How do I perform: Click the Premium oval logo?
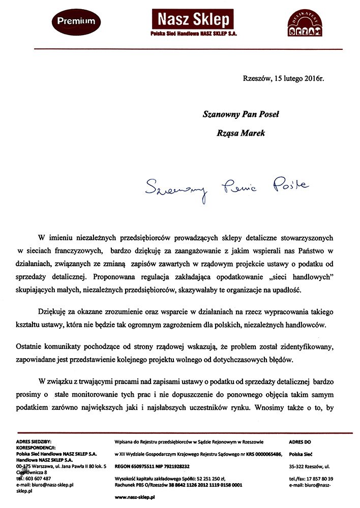pos(77,21)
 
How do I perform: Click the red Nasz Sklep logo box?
pos(193,19)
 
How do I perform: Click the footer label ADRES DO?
pos(301,442)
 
